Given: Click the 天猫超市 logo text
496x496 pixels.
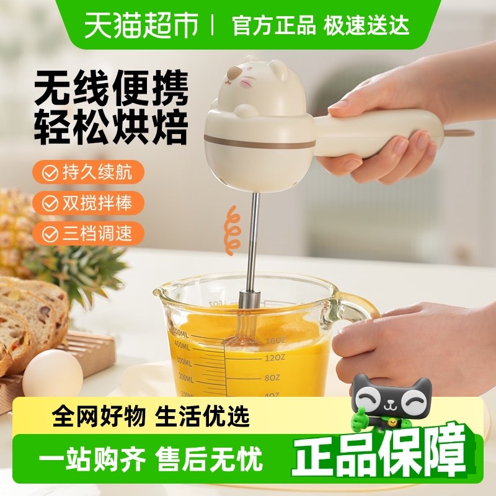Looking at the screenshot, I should (141, 25).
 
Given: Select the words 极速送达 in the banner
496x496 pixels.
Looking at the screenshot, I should (365, 26).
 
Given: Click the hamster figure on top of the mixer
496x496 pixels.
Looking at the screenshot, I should (241, 93).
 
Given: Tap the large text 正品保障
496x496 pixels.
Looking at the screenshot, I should (378, 451).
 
